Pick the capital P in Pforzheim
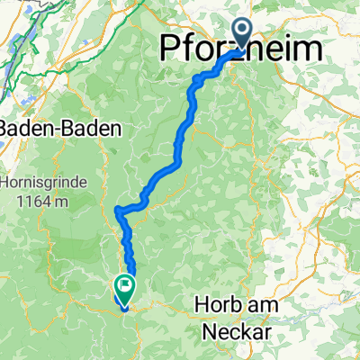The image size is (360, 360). point(170,49)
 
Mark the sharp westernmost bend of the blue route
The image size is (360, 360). point(117,211)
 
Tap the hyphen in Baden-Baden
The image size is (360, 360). point(60,129)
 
